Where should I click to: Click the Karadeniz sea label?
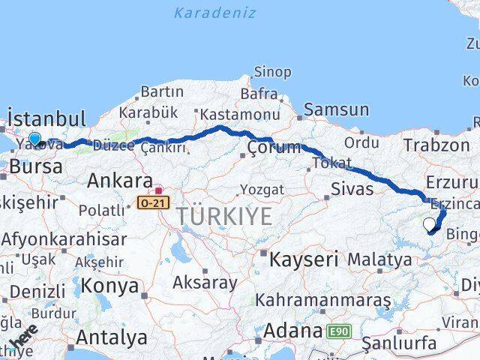[x=214, y=13]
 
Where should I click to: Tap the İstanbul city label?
[x=46, y=118]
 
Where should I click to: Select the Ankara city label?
[x=120, y=181]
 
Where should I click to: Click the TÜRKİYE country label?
[x=225, y=217]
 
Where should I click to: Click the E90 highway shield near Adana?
[x=338, y=330]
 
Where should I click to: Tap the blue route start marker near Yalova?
[x=34, y=139]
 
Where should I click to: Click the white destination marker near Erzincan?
[x=429, y=223]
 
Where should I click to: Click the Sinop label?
[x=272, y=72]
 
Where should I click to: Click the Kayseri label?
[x=305, y=259]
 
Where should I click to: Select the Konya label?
[x=109, y=286]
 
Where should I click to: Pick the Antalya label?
[x=112, y=337]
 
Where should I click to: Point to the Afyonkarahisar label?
[x=64, y=239]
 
